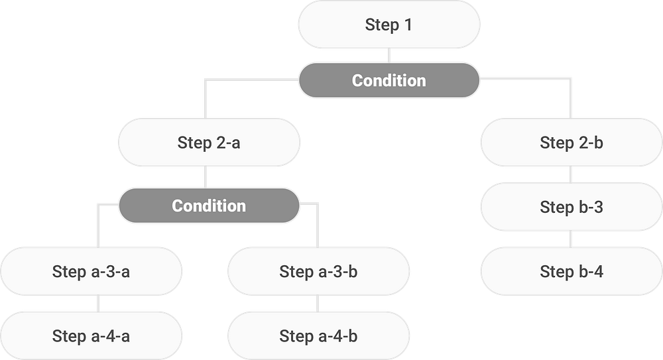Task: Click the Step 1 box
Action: click(389, 25)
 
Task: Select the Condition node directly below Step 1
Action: click(389, 81)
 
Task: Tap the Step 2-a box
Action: click(208, 143)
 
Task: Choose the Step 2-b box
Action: click(571, 143)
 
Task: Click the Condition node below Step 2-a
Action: click(208, 206)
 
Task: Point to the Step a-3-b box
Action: click(318, 271)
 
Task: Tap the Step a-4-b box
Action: click(318, 336)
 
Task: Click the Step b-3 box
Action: click(571, 207)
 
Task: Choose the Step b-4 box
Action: click(571, 271)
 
